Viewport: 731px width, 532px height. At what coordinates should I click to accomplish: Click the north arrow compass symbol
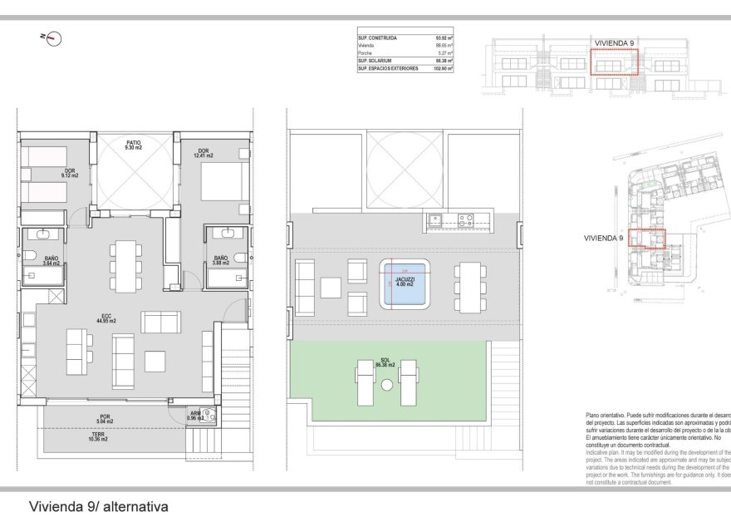54,37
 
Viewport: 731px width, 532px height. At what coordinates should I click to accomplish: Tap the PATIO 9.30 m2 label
133,145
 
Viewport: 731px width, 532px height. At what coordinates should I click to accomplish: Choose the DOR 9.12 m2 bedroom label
68,173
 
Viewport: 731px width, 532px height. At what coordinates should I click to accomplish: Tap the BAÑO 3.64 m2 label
52,260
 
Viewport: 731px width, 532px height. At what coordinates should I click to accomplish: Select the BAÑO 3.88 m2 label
221,260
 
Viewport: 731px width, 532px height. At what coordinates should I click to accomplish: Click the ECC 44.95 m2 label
106,318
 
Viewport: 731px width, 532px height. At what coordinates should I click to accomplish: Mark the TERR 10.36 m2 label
99,437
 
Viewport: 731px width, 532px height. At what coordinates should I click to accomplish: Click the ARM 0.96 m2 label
195,415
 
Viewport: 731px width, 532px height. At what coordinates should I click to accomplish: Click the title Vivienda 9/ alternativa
99,505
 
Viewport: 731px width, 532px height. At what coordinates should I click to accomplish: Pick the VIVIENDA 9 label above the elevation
615,42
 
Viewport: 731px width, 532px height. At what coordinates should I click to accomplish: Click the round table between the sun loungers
387,386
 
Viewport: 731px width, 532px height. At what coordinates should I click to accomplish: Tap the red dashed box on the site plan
646,238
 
